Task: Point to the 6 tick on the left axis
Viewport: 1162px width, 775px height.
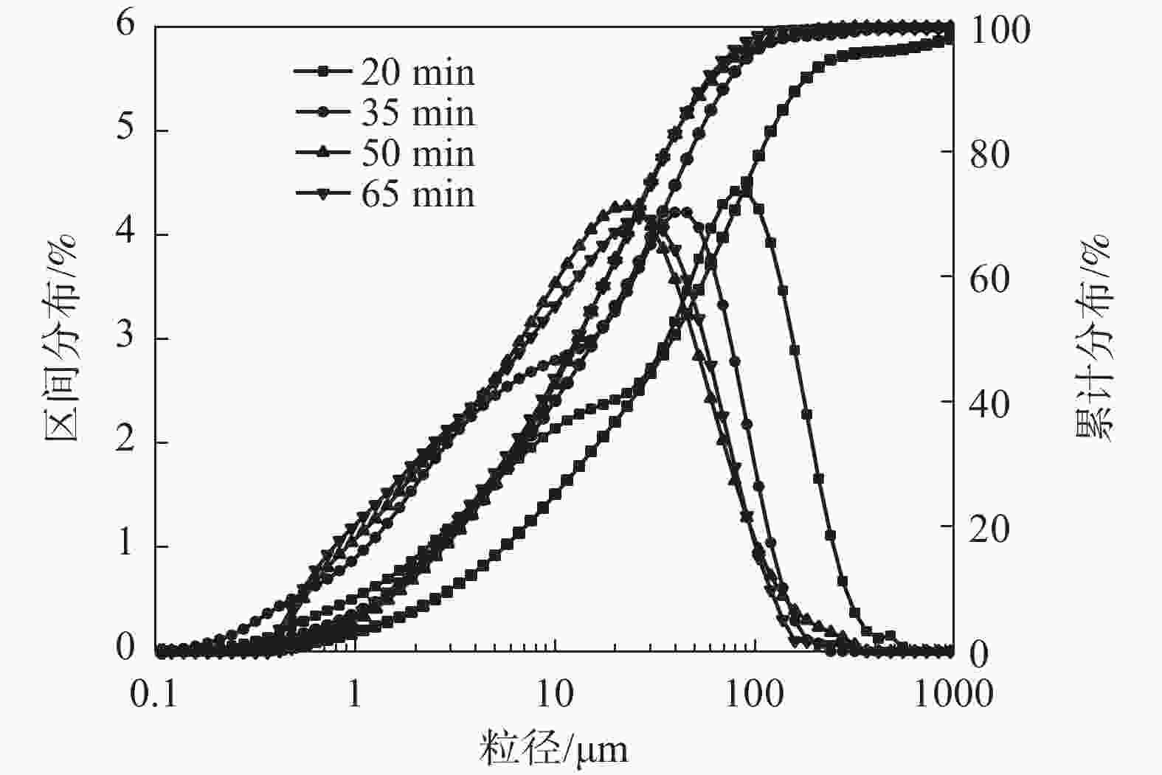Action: coord(126,26)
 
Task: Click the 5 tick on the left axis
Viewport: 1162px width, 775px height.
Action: coord(126,129)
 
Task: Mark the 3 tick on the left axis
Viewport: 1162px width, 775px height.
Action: coord(126,337)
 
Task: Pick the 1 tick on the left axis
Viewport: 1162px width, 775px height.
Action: coord(126,545)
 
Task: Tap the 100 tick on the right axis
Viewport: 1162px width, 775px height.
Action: coord(1000,30)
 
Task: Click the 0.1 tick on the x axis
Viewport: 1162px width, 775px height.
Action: coord(154,694)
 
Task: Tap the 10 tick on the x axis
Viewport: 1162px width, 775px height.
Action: coord(554,694)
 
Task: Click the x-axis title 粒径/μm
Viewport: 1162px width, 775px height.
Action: coord(554,749)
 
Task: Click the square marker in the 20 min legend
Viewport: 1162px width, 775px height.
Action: coord(322,72)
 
